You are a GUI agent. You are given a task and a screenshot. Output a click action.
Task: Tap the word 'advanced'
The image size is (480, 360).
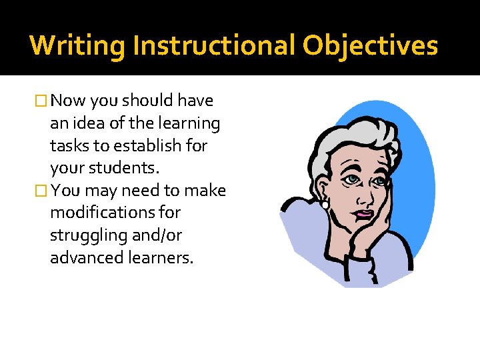pyautogui.click(x=87, y=259)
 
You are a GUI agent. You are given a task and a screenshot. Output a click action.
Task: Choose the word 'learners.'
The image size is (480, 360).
pyautogui.click(x=161, y=259)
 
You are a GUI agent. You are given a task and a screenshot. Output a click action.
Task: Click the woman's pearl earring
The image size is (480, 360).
pyautogui.click(x=325, y=204)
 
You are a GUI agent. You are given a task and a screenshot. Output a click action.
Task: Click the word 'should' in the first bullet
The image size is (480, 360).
pyautogui.click(x=147, y=101)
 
